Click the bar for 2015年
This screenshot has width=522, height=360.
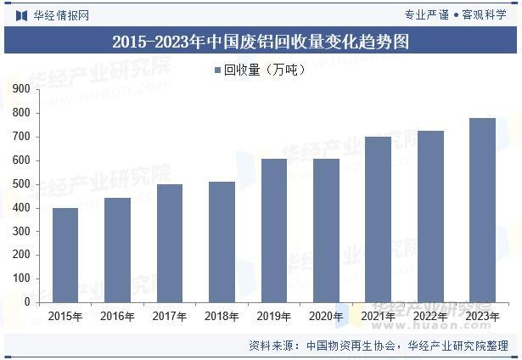tap(65, 255)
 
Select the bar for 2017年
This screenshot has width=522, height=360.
tap(170, 243)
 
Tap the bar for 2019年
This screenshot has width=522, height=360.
tap(274, 230)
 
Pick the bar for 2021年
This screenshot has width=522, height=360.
tap(379, 219)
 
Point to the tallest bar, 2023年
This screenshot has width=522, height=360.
tap(482, 210)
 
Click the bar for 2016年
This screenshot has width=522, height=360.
tap(117, 250)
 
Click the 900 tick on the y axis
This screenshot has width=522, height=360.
tap(21, 89)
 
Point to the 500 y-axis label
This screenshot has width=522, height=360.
tap(21, 184)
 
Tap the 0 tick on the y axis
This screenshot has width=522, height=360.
tap(27, 301)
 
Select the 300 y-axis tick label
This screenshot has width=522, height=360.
tap(21, 231)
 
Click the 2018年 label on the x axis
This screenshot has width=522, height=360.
tap(222, 316)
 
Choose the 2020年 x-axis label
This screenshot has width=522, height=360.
tap(326, 316)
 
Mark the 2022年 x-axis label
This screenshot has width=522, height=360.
tap(430, 316)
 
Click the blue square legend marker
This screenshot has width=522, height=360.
tap(218, 70)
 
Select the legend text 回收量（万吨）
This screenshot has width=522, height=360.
tap(265, 70)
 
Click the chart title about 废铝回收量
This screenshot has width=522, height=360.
tap(261, 42)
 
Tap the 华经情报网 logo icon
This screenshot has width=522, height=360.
tap(21, 15)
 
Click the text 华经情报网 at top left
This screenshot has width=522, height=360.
tap(61, 15)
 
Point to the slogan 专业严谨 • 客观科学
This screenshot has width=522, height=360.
tap(456, 14)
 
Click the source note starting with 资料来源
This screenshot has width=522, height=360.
tap(379, 346)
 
